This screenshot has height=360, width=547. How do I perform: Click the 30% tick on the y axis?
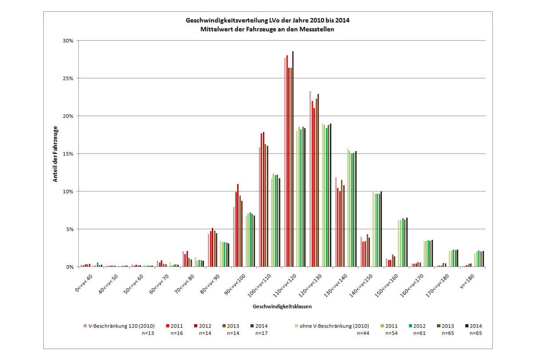point(69,41)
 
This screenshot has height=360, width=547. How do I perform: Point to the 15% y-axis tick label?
point(69,154)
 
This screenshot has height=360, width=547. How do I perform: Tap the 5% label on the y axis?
point(70,229)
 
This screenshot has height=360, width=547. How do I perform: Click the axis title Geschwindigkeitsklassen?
point(282,307)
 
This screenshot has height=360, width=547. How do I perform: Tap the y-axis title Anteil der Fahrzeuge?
point(55,154)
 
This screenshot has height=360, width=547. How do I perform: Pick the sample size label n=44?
point(363,333)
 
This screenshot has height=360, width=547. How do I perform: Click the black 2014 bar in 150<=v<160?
point(407,242)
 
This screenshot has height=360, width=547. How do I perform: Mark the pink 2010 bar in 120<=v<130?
point(310,179)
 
